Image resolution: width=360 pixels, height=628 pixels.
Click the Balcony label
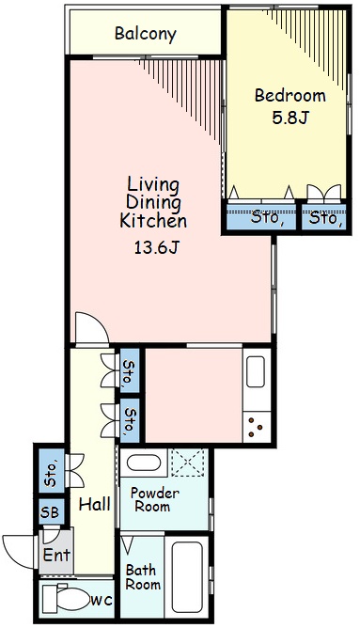(x=146, y=34)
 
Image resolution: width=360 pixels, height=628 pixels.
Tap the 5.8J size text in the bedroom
(x=290, y=118)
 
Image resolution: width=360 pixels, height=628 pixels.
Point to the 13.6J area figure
(x=156, y=248)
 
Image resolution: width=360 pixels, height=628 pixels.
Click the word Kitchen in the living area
(x=153, y=221)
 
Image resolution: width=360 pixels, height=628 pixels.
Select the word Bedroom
(x=290, y=95)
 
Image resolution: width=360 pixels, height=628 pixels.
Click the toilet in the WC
(x=66, y=598)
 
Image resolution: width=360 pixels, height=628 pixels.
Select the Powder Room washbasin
(x=144, y=463)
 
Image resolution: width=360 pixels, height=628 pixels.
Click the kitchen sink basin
(x=256, y=371)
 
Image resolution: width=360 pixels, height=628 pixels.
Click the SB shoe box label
(x=50, y=511)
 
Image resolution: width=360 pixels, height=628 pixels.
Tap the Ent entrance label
(x=56, y=555)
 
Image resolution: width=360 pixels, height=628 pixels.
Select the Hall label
(x=95, y=504)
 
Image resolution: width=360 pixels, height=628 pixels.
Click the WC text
(x=102, y=601)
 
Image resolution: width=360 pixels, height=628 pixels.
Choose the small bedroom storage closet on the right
(x=324, y=217)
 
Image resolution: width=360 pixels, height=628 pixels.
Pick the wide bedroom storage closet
(x=261, y=217)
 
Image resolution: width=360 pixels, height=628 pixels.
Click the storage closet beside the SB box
(x=52, y=471)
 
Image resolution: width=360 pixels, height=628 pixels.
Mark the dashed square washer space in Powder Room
(x=188, y=463)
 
